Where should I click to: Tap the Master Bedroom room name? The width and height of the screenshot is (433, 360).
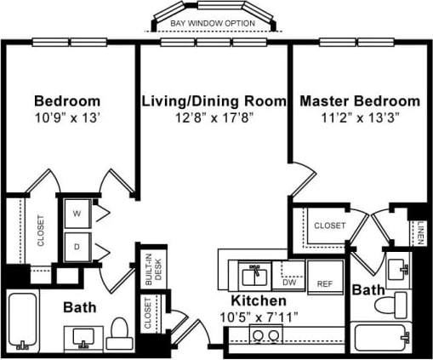pos(359,100)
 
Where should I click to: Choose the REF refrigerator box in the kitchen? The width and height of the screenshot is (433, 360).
pos(324,283)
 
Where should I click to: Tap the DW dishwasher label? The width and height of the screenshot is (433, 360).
pos(289,283)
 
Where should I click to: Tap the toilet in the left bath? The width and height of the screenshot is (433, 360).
pos(120,331)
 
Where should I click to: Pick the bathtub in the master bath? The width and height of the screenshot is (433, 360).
pos(384,338)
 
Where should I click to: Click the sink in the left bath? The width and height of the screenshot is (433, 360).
pos(83,340)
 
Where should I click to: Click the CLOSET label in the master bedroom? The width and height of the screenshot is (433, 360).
pos(329,226)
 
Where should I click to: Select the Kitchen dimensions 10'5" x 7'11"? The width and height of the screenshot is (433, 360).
pos(263,316)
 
